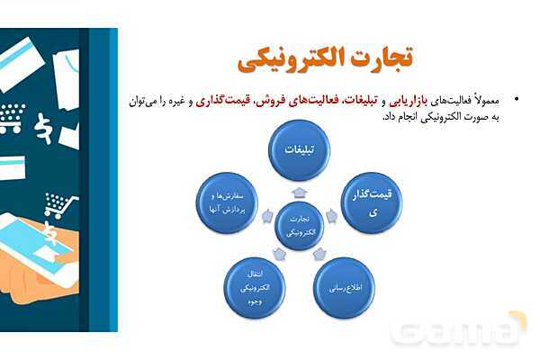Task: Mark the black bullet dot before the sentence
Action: click(x=516, y=97)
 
